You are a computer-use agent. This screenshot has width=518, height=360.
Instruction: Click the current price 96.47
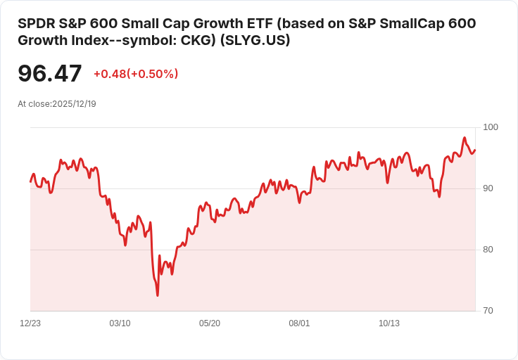click(49, 74)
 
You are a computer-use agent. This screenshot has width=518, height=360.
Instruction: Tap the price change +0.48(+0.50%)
click(136, 74)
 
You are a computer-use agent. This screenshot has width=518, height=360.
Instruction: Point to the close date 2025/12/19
click(74, 104)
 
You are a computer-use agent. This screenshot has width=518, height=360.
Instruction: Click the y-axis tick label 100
click(491, 127)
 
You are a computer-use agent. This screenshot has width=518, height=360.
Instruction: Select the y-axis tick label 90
click(488, 188)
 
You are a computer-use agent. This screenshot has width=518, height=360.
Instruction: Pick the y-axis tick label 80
click(488, 250)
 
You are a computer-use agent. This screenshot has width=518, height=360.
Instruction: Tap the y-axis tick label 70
click(488, 311)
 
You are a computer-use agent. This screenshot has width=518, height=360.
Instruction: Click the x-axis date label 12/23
click(30, 323)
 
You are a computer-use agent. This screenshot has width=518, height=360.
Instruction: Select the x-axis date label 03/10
click(120, 323)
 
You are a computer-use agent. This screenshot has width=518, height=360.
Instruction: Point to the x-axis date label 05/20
click(210, 323)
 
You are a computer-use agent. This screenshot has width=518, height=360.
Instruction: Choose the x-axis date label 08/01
click(299, 323)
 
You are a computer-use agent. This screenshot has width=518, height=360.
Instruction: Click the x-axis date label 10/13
click(389, 323)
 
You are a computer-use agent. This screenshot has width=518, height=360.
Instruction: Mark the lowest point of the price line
click(158, 295)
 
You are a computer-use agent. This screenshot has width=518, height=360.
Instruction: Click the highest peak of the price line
click(465, 138)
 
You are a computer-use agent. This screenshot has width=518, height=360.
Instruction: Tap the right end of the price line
click(475, 150)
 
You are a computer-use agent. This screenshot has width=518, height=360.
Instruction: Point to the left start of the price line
click(30, 181)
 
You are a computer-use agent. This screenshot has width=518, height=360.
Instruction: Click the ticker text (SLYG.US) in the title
click(255, 41)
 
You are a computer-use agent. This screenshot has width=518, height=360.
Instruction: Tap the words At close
click(34, 104)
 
